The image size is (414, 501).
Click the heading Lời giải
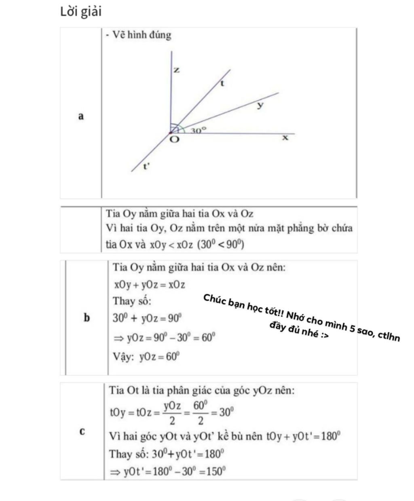point(81,12)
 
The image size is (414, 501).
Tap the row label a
point(81,116)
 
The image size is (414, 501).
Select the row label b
point(87,318)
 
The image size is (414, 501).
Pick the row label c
point(82,431)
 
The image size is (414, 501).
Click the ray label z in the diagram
point(176,70)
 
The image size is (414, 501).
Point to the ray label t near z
point(222,84)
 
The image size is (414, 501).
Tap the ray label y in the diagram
point(260,106)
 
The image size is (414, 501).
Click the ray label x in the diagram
point(285,138)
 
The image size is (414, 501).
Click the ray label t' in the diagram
point(147,166)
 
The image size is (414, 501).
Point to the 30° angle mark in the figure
point(199,130)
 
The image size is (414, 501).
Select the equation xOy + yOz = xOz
point(150,285)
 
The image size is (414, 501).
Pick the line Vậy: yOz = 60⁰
point(146,357)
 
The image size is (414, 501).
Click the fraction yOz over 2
point(172,412)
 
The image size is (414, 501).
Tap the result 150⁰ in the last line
point(217,471)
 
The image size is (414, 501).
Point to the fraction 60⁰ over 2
point(201,412)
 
